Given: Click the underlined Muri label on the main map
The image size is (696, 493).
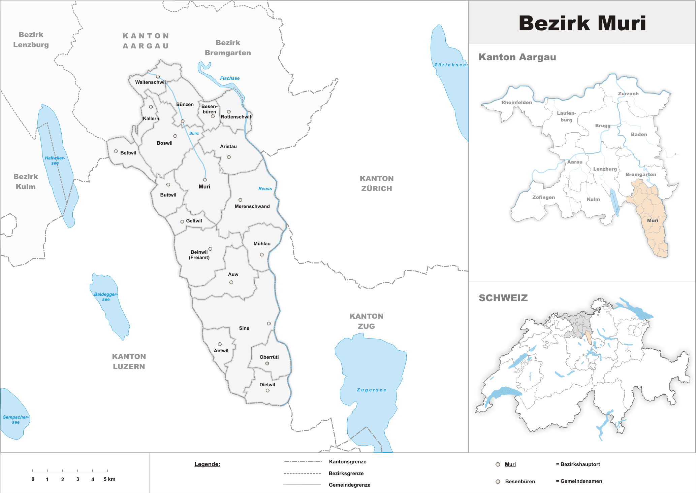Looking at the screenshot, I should pyautogui.click(x=204, y=187).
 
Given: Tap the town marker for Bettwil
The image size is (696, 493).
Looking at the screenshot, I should pyautogui.click(x=116, y=151).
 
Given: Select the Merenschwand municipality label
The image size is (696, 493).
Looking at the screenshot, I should pyautogui.click(x=252, y=206).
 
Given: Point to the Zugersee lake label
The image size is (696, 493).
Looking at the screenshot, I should pyautogui.click(x=372, y=390).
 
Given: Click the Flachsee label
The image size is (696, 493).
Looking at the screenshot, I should pyautogui.click(x=230, y=78).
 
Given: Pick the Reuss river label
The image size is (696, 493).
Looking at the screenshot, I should pyautogui.click(x=265, y=189).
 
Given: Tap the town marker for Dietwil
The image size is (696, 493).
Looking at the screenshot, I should pyautogui.click(x=267, y=391).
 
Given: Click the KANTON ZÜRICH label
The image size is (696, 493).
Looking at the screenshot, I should pyautogui.click(x=377, y=183).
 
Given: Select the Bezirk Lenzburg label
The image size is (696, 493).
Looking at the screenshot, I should pyautogui.click(x=31, y=40).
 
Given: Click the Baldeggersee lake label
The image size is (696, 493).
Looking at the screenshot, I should pyautogui.click(x=106, y=296).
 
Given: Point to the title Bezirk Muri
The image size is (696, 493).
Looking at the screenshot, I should pyautogui.click(x=582, y=23).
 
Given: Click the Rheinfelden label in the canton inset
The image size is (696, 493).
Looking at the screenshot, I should pyautogui.click(x=516, y=102).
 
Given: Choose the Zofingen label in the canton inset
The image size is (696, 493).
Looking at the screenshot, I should pyautogui.click(x=543, y=197).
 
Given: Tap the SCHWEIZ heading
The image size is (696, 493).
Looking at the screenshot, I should pyautogui.click(x=503, y=298).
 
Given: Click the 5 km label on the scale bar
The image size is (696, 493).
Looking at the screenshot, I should pyautogui.click(x=109, y=479).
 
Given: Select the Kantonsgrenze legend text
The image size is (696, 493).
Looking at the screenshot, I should pyautogui.click(x=348, y=462).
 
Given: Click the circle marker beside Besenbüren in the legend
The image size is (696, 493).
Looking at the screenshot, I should pyautogui.click(x=498, y=482).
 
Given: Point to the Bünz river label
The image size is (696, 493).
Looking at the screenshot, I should pyautogui.click(x=194, y=133).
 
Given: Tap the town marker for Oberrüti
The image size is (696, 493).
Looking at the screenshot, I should pyautogui.click(x=267, y=363).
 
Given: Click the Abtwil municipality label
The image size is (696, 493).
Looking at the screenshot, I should pyautogui.click(x=221, y=351).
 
